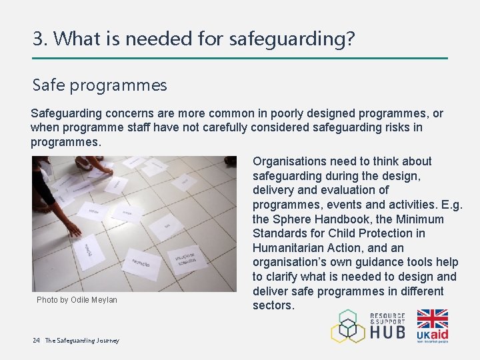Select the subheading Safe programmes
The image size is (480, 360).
tap(100, 85)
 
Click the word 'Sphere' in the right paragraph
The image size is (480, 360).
tap(294, 219)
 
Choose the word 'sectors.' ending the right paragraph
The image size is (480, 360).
tap(273, 305)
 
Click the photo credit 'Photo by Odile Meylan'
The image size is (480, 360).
tap(77, 300)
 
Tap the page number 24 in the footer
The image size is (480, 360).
tap(36, 341)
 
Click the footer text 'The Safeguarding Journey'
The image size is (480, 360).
tap(82, 341)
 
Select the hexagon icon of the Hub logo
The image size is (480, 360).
tap(348, 326)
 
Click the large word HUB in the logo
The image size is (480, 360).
tap(387, 331)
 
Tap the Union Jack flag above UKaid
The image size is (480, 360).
tap(432, 318)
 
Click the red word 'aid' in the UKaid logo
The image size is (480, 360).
tap(439, 334)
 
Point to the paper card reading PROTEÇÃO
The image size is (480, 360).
tap(141, 262)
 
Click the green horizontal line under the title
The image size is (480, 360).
tap(240, 58)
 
